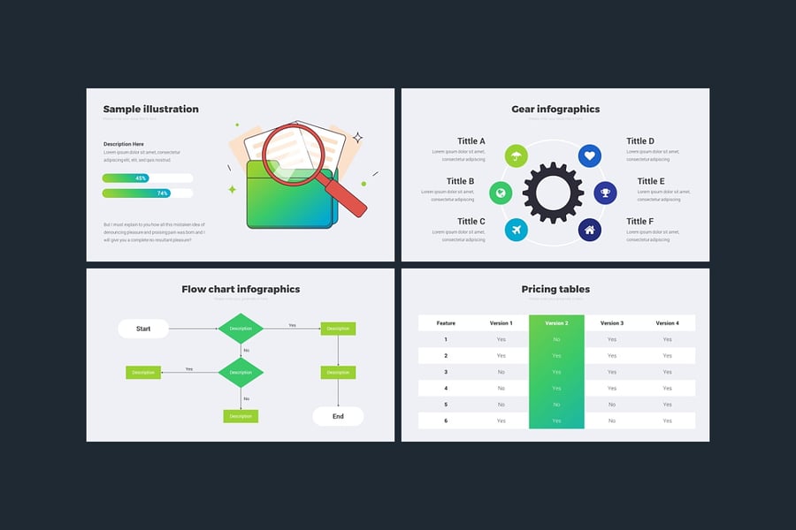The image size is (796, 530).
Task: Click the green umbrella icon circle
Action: click(515, 156)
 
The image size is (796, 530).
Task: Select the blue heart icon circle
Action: click(591, 156)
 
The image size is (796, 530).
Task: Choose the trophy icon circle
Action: click(605, 193)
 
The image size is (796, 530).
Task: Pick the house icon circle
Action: click(591, 230)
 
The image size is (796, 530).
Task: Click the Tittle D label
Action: click(640, 140)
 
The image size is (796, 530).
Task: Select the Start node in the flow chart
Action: click(143, 329)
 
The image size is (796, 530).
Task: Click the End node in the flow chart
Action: click(338, 416)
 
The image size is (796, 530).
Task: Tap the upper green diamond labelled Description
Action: click(241, 329)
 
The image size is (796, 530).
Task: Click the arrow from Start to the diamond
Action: click(193, 329)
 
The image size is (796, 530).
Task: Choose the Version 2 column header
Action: click(556, 323)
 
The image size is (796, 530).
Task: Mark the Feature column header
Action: click(446, 323)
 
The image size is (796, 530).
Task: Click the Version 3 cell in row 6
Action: click(611, 420)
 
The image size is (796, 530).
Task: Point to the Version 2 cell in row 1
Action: click(556, 339)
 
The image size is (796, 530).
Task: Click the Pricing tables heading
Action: click(555, 289)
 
